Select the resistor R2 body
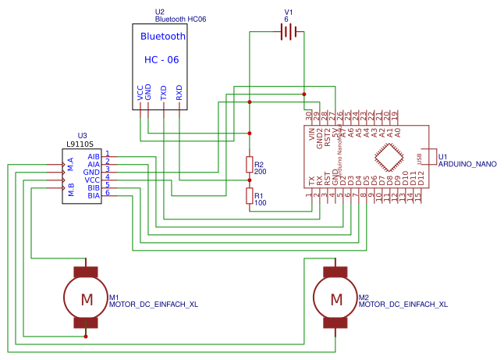(250, 165)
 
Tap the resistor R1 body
(250, 196)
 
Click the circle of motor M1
(86, 298)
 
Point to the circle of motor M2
(335, 298)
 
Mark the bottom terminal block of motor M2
(335, 323)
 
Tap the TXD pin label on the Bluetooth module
(164, 93)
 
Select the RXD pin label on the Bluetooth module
(179, 93)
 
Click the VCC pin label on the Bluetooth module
(140, 93)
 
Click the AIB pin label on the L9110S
(94, 156)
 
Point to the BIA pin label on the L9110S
(94, 195)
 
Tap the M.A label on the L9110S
(70, 164)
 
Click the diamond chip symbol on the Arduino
(390, 160)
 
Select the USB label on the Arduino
(421, 159)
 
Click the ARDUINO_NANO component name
(467, 165)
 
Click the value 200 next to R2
(261, 170)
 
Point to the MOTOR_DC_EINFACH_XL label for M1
(154, 305)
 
